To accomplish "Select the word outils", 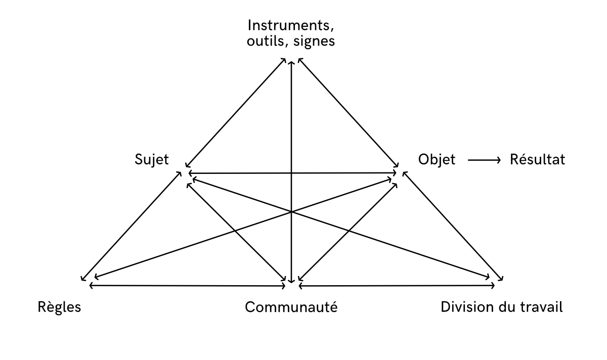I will click(262, 41).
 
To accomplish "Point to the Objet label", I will click(437, 160).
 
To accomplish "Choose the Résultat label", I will click(536, 160).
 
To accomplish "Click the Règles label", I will click(60, 307).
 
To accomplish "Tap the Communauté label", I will click(291, 307).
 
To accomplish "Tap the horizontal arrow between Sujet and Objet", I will click(292, 173).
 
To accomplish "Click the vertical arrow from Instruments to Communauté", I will click(291, 126).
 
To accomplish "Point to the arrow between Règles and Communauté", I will click(187, 286).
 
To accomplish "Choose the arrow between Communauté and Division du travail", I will click(397, 286).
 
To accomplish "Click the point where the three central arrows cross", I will click(291, 211).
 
